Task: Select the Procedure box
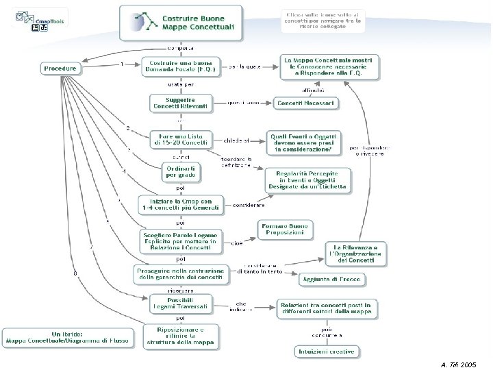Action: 61,69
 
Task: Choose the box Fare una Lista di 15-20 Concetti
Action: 181,138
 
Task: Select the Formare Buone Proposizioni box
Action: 283,230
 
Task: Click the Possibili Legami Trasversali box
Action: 181,302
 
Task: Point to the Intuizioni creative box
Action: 326,352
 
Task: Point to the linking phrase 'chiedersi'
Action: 236,140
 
